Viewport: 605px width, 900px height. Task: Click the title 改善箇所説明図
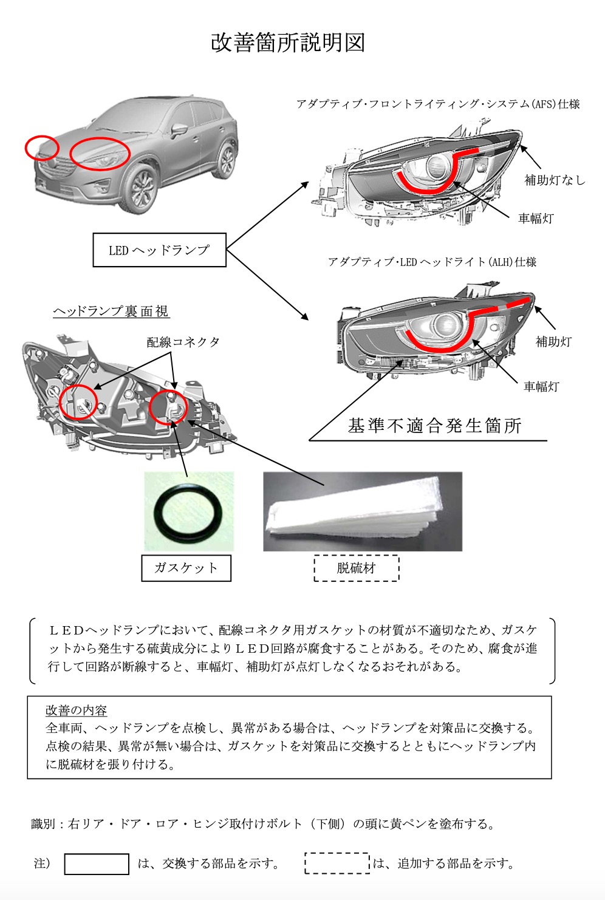[x=288, y=43]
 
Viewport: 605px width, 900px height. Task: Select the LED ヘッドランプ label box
[x=159, y=250]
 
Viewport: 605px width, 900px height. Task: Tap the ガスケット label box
[x=186, y=568]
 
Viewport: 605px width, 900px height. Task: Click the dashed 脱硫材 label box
[x=357, y=568]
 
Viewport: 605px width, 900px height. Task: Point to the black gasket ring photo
[x=188, y=511]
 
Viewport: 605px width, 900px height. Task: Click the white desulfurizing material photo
[x=362, y=511]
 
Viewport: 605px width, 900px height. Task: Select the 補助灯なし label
[x=555, y=180]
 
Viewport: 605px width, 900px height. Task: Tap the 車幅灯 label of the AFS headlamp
[x=536, y=219]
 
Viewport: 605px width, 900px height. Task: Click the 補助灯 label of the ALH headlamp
[x=553, y=342]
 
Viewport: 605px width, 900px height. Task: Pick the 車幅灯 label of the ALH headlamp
[x=541, y=386]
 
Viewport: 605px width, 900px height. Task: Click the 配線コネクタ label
[x=183, y=342]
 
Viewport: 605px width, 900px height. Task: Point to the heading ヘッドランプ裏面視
[x=111, y=312]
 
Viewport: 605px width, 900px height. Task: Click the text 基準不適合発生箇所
[x=435, y=426]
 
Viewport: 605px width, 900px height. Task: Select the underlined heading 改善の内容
[x=76, y=711]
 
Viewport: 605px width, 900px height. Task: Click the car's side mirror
[x=179, y=130]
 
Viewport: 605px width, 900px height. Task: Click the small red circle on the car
[x=42, y=148]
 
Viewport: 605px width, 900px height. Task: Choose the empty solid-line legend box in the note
[x=97, y=864]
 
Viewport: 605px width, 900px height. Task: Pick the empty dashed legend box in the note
[x=337, y=864]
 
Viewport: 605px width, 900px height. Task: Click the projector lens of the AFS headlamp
[x=436, y=166]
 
